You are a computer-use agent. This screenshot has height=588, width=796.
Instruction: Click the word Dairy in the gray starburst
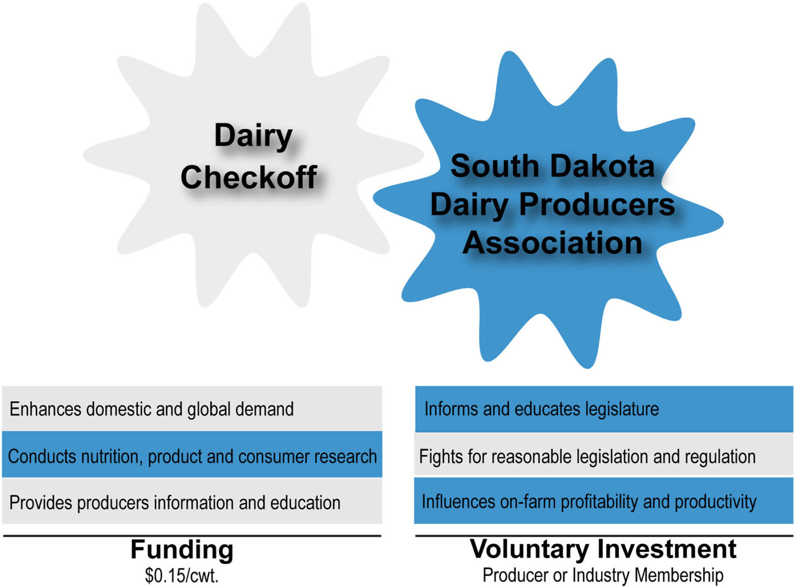[x=253, y=136]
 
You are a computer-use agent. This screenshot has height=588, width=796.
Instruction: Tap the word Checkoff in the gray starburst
[x=249, y=177]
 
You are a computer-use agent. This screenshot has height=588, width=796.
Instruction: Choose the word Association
[x=552, y=243]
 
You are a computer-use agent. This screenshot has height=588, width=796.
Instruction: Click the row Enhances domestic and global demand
[x=192, y=409]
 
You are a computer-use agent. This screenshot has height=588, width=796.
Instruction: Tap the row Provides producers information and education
[x=192, y=502]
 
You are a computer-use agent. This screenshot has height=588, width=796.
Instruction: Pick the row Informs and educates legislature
[x=604, y=409]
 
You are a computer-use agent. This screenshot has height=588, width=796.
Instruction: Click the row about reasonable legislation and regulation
[x=604, y=456]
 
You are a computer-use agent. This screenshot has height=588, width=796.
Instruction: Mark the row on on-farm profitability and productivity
[x=604, y=501]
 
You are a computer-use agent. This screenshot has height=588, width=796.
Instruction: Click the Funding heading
[x=182, y=549]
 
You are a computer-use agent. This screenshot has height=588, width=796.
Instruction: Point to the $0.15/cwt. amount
[x=182, y=575]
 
